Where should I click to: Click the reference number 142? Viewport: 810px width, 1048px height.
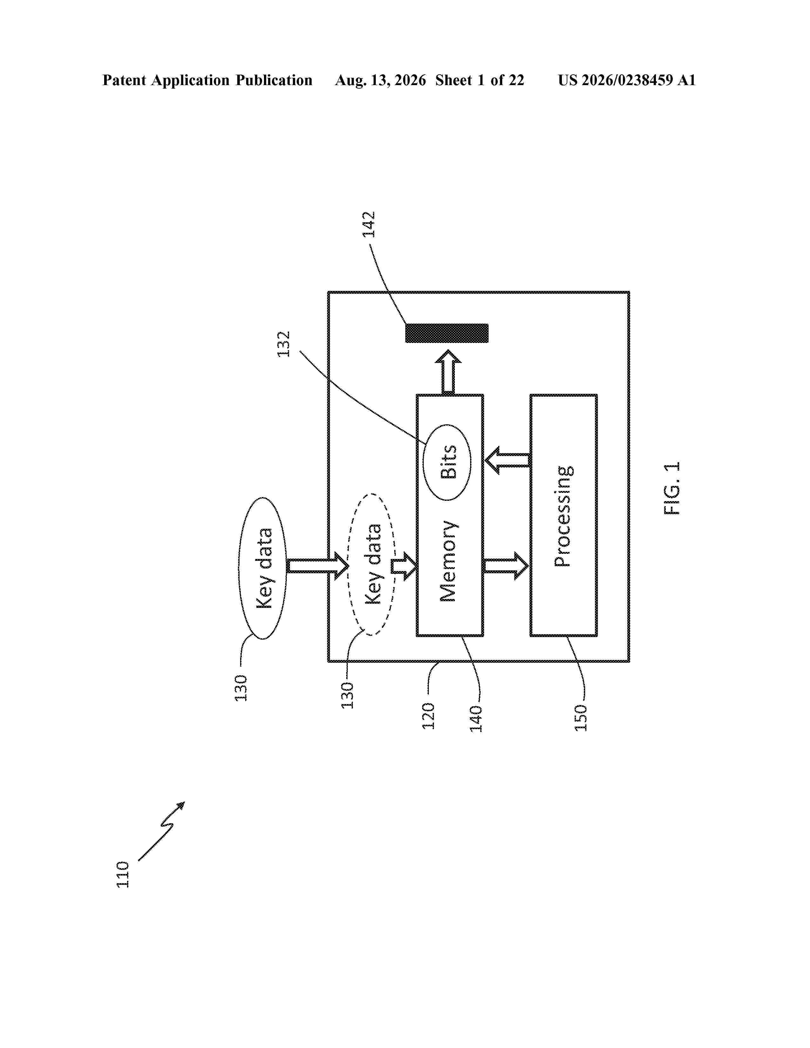(x=368, y=225)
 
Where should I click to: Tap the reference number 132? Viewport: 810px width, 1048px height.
(x=284, y=344)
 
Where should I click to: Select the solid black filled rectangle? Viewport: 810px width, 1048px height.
(x=447, y=333)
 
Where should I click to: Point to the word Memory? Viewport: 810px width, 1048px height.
(x=448, y=561)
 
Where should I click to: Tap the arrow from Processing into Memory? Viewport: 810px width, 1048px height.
(x=508, y=460)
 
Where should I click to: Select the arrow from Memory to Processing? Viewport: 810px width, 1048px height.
(x=506, y=566)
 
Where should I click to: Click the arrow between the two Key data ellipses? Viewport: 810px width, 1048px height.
(x=318, y=566)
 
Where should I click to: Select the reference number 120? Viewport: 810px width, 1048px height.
(x=428, y=716)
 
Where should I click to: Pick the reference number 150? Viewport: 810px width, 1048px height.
(x=581, y=718)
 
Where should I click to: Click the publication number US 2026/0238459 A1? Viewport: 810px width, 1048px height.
(x=627, y=80)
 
